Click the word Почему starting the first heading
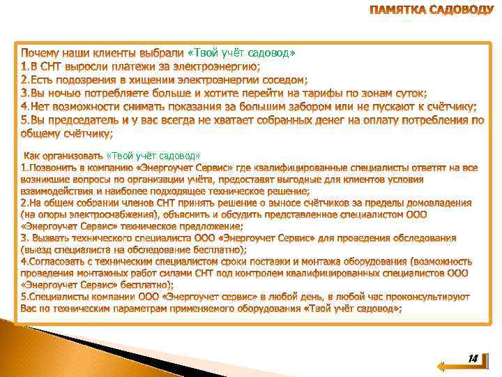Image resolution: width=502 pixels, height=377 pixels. (41, 53)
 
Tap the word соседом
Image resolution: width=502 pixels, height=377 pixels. (283, 80)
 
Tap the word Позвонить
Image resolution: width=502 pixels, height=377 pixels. (52, 168)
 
